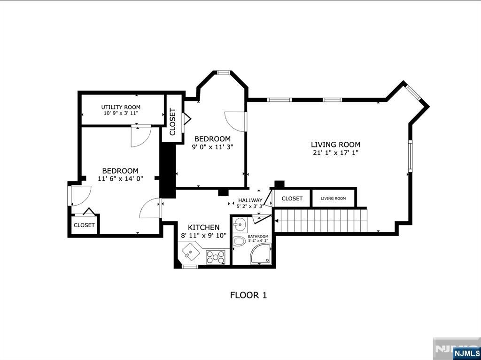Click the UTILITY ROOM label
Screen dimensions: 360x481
point(121,107)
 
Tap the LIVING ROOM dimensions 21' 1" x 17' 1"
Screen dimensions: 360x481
point(335,153)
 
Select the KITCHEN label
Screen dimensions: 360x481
point(204,227)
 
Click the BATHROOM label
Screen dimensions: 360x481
point(258,237)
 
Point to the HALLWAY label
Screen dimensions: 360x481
point(250,200)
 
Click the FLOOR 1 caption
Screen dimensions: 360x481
point(248,295)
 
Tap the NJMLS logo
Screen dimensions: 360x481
point(466,352)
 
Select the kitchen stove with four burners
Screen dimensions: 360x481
point(216,257)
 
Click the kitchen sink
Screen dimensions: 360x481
point(191,253)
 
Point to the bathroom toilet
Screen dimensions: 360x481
point(239,242)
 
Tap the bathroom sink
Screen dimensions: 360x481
point(240,224)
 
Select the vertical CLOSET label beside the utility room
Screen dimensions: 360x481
point(172,122)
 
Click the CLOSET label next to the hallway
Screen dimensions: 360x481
point(292,199)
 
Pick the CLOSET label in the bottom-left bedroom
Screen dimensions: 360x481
point(84,225)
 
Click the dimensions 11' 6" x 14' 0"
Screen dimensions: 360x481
point(120,178)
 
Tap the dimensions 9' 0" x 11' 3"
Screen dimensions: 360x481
point(212,146)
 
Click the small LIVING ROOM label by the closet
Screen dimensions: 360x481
point(333,199)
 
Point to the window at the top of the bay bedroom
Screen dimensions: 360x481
point(223,73)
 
